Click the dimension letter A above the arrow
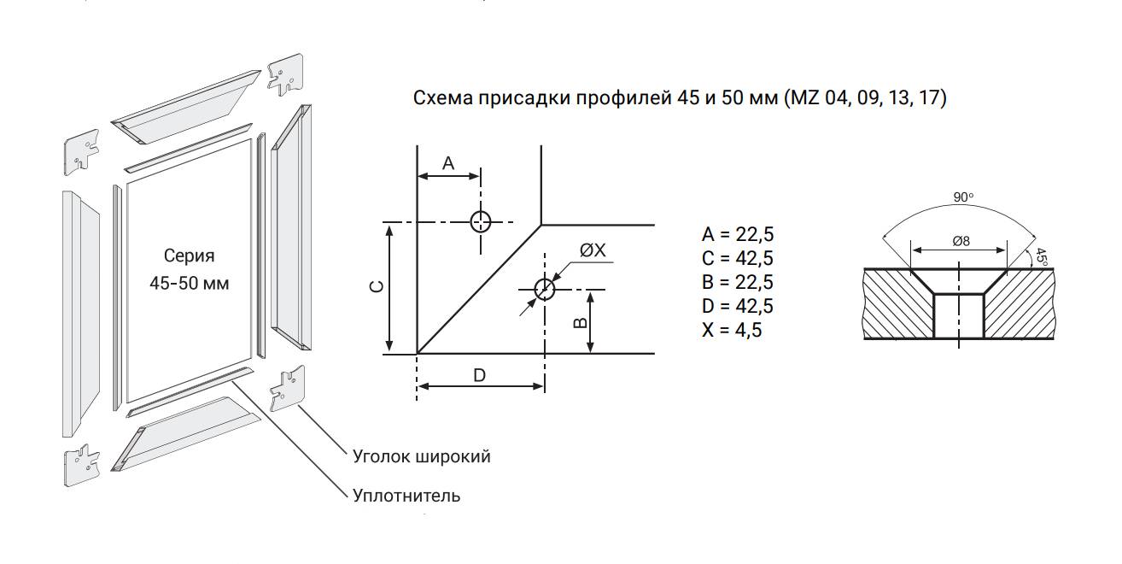tap(448, 163)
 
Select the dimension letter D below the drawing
tap(479, 375)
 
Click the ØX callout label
tap(593, 250)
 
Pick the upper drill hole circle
tap(481, 221)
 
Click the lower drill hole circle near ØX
tap(545, 290)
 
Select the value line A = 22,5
tap(738, 234)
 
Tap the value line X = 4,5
tap(732, 330)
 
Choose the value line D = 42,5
tap(738, 306)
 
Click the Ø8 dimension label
tap(961, 242)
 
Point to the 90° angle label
tap(963, 197)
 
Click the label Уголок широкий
tap(422, 456)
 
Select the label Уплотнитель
tap(406, 496)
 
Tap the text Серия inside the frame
tap(189, 256)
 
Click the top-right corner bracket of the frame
tap(285, 74)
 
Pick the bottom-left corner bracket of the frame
tap(82, 465)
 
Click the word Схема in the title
tap(443, 97)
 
